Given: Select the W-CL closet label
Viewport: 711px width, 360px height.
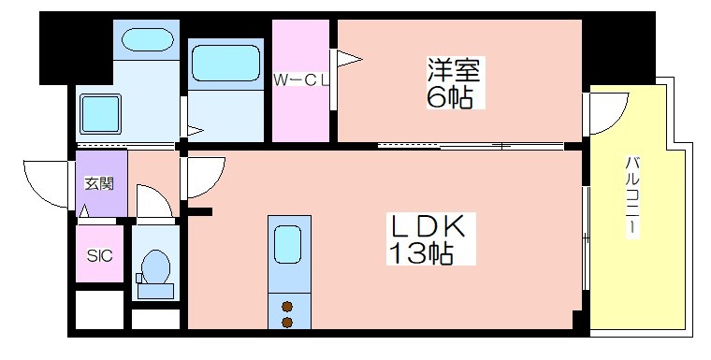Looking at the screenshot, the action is point(300,80).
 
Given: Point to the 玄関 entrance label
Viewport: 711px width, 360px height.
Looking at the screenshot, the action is point(99,183).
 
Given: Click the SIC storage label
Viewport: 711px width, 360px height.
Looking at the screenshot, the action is point(99,255).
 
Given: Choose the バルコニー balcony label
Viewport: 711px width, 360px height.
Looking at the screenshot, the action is point(631,195).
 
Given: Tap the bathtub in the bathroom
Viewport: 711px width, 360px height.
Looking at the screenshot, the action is point(225,64).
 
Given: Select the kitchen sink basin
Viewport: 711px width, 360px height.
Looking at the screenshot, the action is point(287,244).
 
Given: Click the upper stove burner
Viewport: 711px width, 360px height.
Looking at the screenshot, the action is point(287,307).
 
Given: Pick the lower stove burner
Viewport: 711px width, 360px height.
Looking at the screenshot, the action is point(287,323).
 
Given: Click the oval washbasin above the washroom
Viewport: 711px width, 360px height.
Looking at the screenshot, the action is point(148,39).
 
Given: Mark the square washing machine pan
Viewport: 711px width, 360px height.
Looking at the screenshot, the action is point(101,114).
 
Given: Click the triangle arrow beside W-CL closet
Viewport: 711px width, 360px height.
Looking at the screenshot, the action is point(350,59).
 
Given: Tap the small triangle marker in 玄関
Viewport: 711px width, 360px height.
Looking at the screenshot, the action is point(84,211).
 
